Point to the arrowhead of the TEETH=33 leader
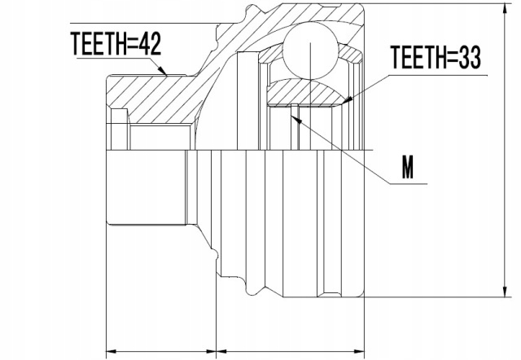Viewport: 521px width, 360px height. tap(347, 102)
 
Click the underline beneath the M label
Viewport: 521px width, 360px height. tap(407, 184)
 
